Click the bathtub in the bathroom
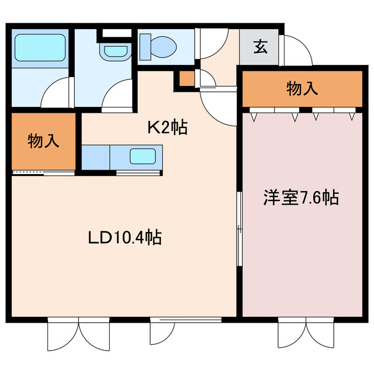(40, 48)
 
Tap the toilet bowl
(164, 47)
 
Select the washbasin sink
(116, 51)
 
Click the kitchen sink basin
(143, 156)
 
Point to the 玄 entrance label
(260, 47)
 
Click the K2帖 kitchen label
(168, 127)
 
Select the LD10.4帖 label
(125, 237)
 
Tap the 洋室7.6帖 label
(302, 198)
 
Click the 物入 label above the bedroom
(302, 88)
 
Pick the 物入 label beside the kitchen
(43, 141)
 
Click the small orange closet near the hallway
(187, 79)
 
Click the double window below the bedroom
(306, 333)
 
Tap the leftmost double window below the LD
(78, 334)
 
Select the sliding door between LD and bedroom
(239, 228)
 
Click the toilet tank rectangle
(146, 47)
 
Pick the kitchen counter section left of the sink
(96, 157)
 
